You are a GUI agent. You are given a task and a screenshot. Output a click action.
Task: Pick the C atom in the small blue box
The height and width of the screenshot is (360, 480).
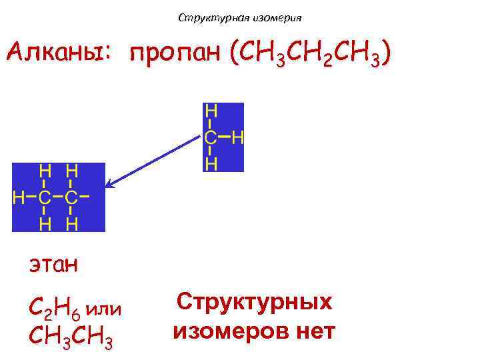[x=211, y=138]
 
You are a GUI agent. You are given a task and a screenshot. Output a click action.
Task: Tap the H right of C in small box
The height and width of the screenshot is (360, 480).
[x=237, y=138]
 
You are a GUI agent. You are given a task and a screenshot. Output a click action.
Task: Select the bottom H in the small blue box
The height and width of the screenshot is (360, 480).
[x=211, y=164]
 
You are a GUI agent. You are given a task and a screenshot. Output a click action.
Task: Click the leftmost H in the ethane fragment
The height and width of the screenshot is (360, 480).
[x=18, y=197]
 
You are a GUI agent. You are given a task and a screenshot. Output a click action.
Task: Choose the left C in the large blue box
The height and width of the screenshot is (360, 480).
[x=45, y=197]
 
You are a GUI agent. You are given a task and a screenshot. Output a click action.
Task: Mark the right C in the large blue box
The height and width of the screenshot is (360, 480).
[x=71, y=197]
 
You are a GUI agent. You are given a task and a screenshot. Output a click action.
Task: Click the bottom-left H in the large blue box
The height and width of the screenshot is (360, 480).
[x=45, y=223]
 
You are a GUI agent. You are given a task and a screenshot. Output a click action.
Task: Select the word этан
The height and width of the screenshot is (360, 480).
[x=53, y=265]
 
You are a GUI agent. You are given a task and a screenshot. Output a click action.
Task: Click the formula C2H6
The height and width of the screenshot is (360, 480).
[x=53, y=309]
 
